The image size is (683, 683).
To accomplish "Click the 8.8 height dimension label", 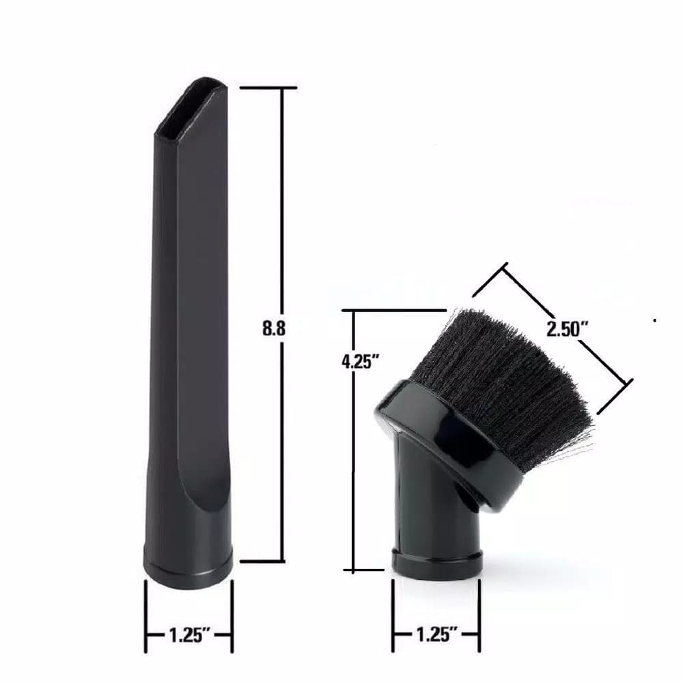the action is [x=274, y=328].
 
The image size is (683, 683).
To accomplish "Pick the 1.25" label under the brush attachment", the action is [x=437, y=634].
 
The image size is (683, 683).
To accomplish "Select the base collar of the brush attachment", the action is [x=437, y=563].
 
